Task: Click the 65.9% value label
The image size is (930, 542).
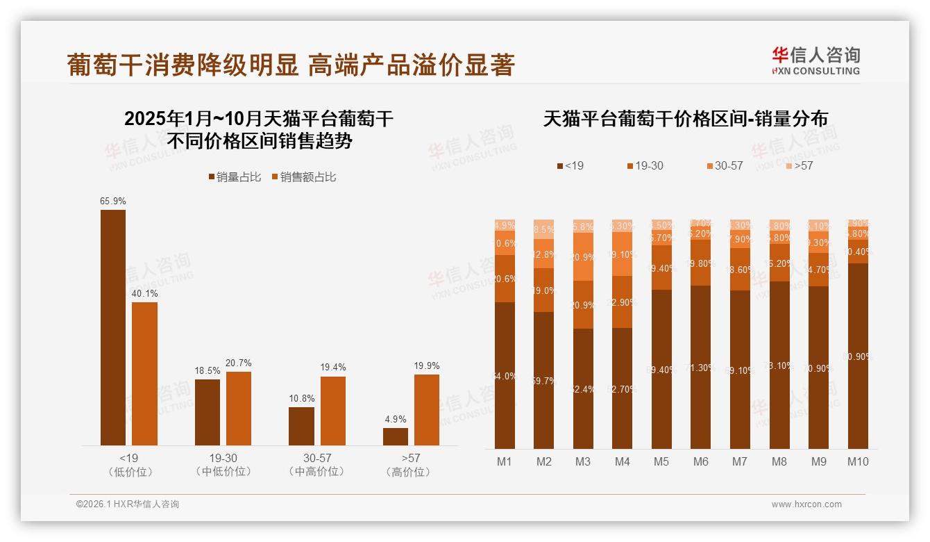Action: pos(113,202)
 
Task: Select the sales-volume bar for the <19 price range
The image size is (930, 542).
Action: pos(113,327)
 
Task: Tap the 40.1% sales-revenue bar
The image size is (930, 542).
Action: pos(144,373)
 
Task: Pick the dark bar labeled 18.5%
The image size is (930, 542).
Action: pos(208,412)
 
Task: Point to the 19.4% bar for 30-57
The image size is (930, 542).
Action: pos(333,411)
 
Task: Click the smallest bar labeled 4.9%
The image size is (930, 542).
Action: pos(396,436)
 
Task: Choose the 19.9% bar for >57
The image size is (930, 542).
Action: pos(427,410)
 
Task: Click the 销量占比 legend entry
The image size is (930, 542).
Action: pos(235,177)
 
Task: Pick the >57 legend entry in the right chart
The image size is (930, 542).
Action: pos(799,166)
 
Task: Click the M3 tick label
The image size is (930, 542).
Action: pos(583,461)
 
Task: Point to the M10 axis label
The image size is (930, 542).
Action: pos(858,461)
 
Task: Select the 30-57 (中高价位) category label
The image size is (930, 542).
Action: pos(317,464)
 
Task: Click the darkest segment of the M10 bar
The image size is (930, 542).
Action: pos(858,356)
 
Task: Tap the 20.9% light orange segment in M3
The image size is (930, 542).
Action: pos(583,256)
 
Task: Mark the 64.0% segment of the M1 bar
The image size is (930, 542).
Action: pos(505,375)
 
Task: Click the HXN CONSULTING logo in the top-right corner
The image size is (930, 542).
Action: pos(815,61)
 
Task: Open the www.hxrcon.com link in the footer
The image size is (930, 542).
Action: pos(806,504)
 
